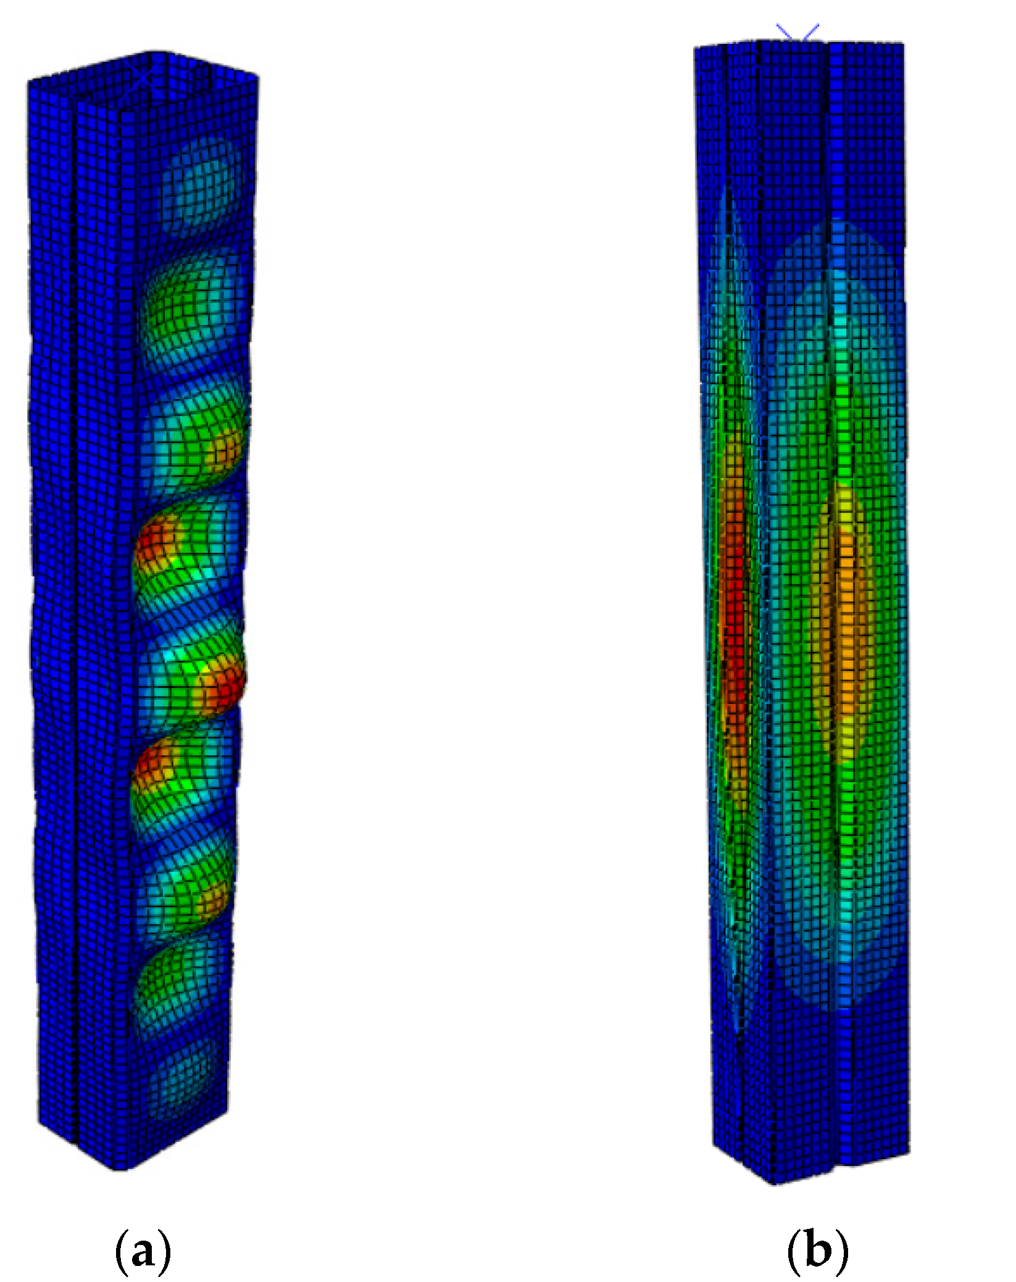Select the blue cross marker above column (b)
(x=798, y=32)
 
